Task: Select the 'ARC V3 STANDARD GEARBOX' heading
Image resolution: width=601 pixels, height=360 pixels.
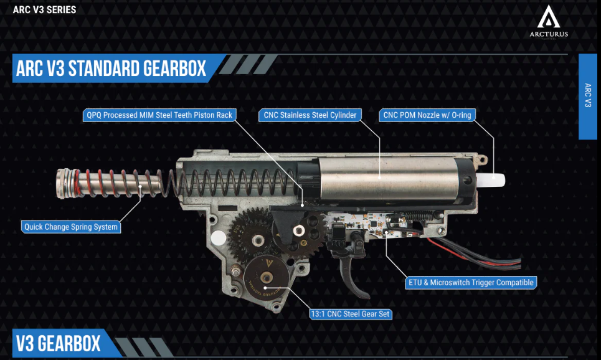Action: tap(111, 69)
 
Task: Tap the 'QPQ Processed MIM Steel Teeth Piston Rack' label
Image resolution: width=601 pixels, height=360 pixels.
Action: tap(159, 115)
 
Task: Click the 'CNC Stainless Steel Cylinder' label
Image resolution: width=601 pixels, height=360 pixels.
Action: tap(310, 115)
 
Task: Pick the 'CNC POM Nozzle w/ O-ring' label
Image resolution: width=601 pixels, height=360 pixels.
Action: tap(427, 115)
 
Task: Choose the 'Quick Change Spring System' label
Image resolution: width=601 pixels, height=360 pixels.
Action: tap(71, 227)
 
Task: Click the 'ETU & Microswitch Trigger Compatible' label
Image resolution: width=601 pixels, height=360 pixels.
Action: tap(471, 283)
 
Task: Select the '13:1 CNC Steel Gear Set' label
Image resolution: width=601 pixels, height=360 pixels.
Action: tap(351, 314)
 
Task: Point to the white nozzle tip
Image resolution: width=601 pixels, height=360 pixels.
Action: tap(491, 180)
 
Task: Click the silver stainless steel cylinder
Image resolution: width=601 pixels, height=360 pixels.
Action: tap(387, 178)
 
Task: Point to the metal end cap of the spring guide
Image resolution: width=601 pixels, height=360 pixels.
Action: tap(63, 183)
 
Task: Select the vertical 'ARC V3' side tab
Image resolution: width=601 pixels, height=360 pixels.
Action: tap(587, 97)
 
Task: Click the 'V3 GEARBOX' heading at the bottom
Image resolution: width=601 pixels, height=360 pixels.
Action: tap(59, 343)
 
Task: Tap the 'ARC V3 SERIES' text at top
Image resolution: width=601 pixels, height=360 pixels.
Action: tap(44, 9)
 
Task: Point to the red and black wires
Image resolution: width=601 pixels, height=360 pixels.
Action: tap(475, 253)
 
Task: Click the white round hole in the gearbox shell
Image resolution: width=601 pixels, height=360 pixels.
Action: tap(218, 238)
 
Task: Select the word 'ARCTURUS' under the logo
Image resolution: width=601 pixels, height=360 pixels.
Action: tap(549, 34)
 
